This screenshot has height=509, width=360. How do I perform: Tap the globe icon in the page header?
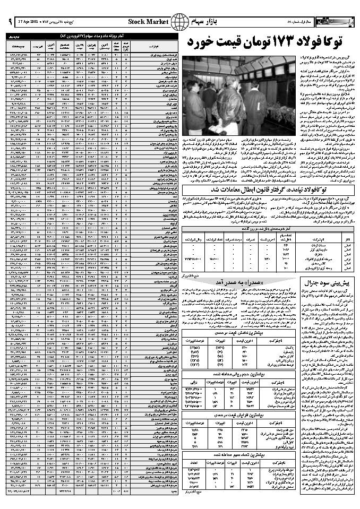point(179,23)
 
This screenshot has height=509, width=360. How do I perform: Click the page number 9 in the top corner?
point(8,22)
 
